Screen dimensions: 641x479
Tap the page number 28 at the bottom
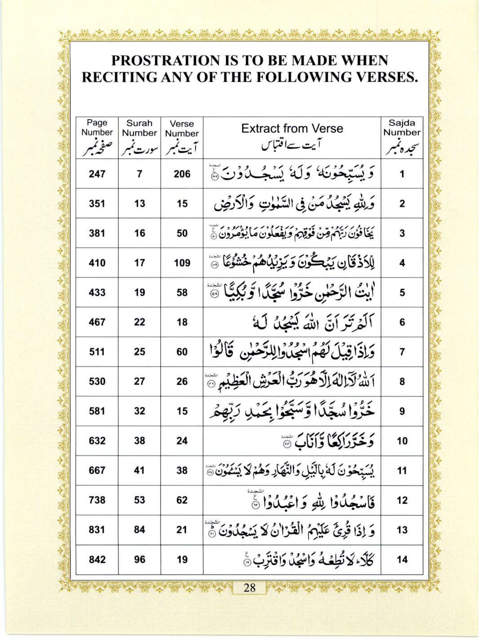[x=249, y=588]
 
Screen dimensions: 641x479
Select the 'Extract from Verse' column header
[x=292, y=129]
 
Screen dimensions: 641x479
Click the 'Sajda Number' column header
[x=402, y=128]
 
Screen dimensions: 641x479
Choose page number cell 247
[x=97, y=174]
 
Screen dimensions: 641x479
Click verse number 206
[x=182, y=174]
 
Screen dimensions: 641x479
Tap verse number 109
[x=182, y=263]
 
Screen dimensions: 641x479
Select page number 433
[x=97, y=292]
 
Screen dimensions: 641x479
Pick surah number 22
[x=139, y=322]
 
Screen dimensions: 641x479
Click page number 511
[x=97, y=352]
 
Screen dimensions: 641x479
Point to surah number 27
[x=139, y=381]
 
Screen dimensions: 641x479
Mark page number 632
[x=97, y=441]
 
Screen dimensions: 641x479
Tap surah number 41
[x=139, y=470]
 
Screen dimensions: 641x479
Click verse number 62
[x=182, y=500]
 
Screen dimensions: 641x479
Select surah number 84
[x=139, y=530]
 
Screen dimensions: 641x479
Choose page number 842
[x=97, y=559]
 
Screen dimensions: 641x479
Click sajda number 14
[x=402, y=559]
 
